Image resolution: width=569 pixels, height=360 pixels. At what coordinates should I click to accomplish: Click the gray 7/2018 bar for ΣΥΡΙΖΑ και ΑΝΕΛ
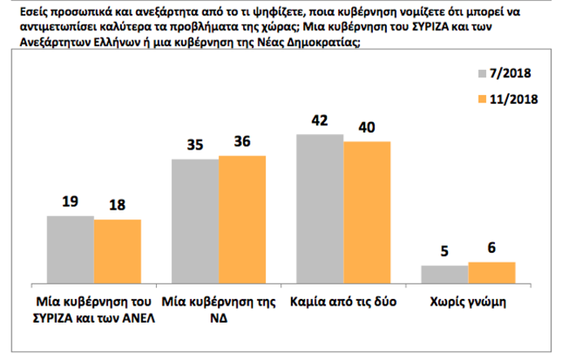70,249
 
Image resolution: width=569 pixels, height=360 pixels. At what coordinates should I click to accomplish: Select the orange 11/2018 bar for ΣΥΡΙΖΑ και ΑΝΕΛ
117,250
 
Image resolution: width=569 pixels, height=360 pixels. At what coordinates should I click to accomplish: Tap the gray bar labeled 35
195,220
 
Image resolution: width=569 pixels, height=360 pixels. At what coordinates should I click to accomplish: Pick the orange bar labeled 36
242,219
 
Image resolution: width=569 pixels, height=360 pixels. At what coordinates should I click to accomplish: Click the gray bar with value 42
320,207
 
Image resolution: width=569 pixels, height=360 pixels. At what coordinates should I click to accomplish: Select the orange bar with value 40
367,210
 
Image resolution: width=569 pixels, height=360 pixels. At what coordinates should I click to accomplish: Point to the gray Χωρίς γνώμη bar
445,273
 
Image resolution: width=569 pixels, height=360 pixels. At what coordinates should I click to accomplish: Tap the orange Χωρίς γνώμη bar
492,271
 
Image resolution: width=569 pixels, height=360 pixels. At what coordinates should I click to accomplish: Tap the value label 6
492,249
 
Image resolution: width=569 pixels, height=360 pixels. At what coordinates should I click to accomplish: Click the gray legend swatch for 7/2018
482,74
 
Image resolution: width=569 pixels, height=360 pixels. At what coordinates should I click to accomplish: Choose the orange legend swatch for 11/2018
482,98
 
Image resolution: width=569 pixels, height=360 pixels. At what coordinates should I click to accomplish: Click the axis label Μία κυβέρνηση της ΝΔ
218,309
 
